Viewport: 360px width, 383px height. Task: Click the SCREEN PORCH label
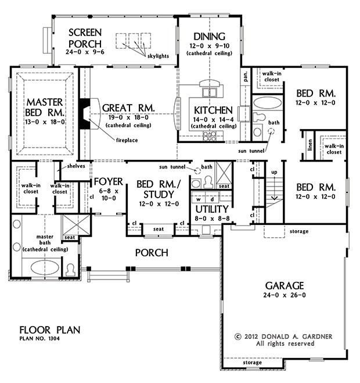84,38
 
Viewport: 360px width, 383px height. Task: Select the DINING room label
209,35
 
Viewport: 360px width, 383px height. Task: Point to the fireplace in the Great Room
85,113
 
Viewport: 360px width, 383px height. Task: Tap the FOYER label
108,181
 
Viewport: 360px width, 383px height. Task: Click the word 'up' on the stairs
274,173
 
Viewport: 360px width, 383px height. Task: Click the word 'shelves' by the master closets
76,166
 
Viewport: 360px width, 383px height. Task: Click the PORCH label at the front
152,253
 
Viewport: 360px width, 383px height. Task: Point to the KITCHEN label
213,110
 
